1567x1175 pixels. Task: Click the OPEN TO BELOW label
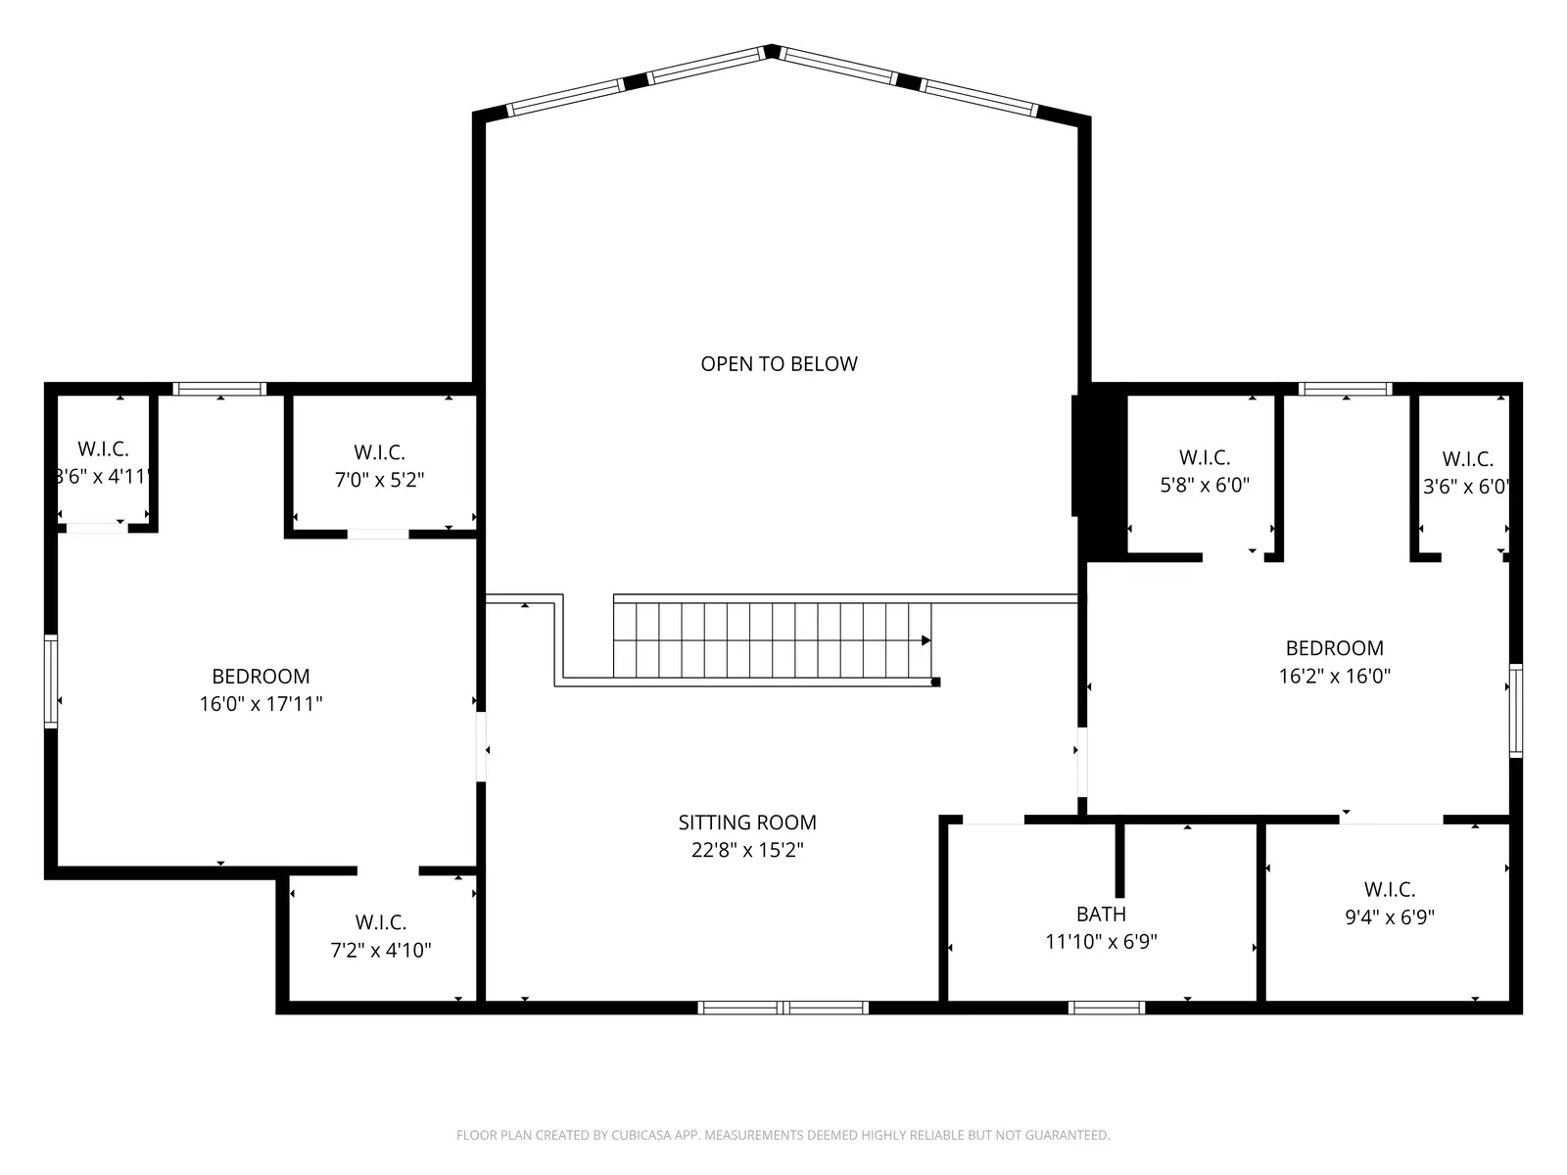[779, 364]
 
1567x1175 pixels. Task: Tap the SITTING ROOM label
[747, 822]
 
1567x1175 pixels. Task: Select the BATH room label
[1101, 914]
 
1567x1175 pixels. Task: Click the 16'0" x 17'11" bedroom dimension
[261, 704]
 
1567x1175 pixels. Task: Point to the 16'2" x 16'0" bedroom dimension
[1334, 676]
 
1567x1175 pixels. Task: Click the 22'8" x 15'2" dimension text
[747, 850]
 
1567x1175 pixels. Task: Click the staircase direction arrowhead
[926, 640]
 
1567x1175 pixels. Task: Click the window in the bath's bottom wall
[1106, 1007]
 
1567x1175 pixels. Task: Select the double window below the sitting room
[783, 1007]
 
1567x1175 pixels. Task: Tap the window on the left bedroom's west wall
[51, 681]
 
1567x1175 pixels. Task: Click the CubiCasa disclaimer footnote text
[783, 1135]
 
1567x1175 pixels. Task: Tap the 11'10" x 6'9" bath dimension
[1101, 942]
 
